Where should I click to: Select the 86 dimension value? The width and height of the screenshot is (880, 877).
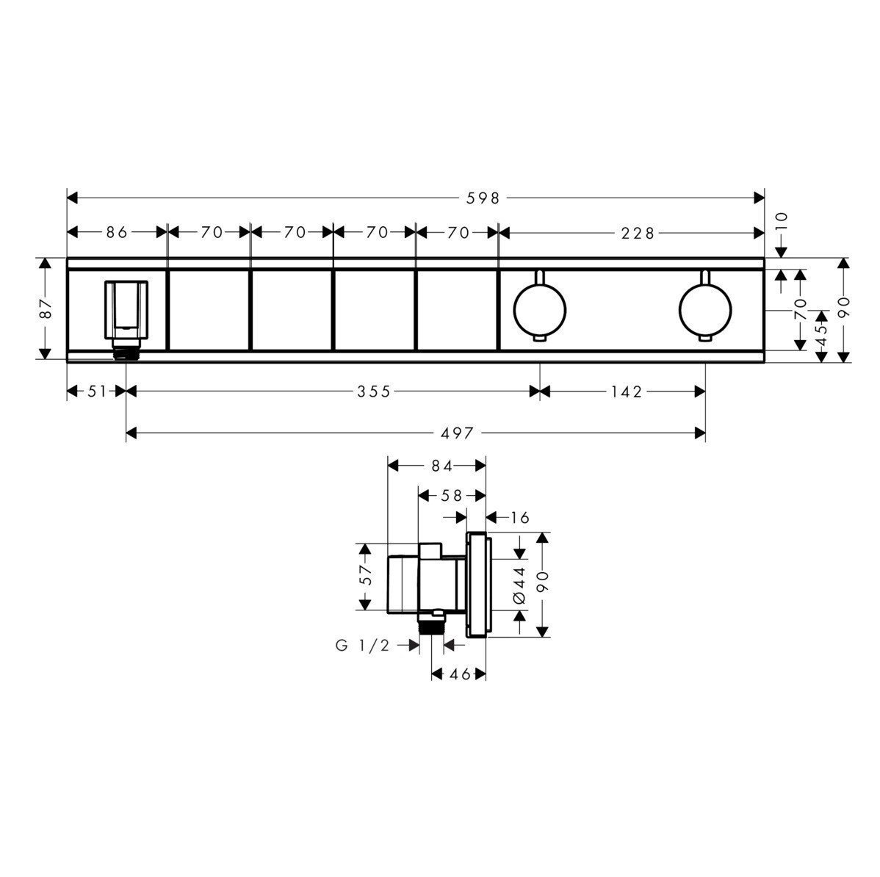pyautogui.click(x=117, y=233)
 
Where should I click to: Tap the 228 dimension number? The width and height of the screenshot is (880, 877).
pyautogui.click(x=636, y=233)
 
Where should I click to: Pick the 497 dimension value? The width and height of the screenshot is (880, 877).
pyautogui.click(x=457, y=433)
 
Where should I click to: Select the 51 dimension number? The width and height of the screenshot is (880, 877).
pyautogui.click(x=97, y=392)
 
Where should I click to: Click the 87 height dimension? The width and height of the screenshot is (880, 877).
pyautogui.click(x=46, y=308)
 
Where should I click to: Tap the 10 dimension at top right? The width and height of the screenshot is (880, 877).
pyautogui.click(x=781, y=221)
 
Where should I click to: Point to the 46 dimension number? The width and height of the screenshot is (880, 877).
pyautogui.click(x=459, y=673)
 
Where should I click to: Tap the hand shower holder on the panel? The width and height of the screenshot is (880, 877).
pyautogui.click(x=126, y=311)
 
